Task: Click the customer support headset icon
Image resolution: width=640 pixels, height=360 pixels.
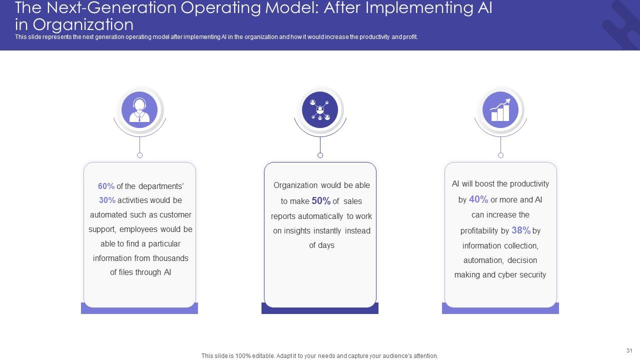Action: pos(139,109)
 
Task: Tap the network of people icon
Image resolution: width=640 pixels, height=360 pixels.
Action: pos(320,109)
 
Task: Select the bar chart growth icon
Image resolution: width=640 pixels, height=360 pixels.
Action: pos(500,109)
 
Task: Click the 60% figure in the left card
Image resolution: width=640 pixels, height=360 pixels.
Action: pos(106,186)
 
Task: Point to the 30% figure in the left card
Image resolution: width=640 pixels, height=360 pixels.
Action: pos(107,200)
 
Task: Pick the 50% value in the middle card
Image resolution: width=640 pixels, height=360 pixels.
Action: pos(321,201)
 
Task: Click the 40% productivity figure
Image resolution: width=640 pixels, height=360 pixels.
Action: pos(478,199)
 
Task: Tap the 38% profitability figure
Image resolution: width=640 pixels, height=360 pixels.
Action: pos(521,230)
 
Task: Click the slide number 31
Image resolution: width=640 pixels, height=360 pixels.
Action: pos(629,350)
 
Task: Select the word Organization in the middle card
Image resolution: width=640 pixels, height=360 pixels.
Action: pos(295,185)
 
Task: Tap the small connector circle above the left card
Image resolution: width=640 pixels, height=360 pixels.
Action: pos(139,155)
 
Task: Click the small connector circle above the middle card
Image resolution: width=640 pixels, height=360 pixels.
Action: pos(320,155)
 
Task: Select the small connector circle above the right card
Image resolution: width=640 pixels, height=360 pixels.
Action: pos(500,155)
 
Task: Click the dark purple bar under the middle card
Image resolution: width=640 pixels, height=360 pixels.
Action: pos(320,310)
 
